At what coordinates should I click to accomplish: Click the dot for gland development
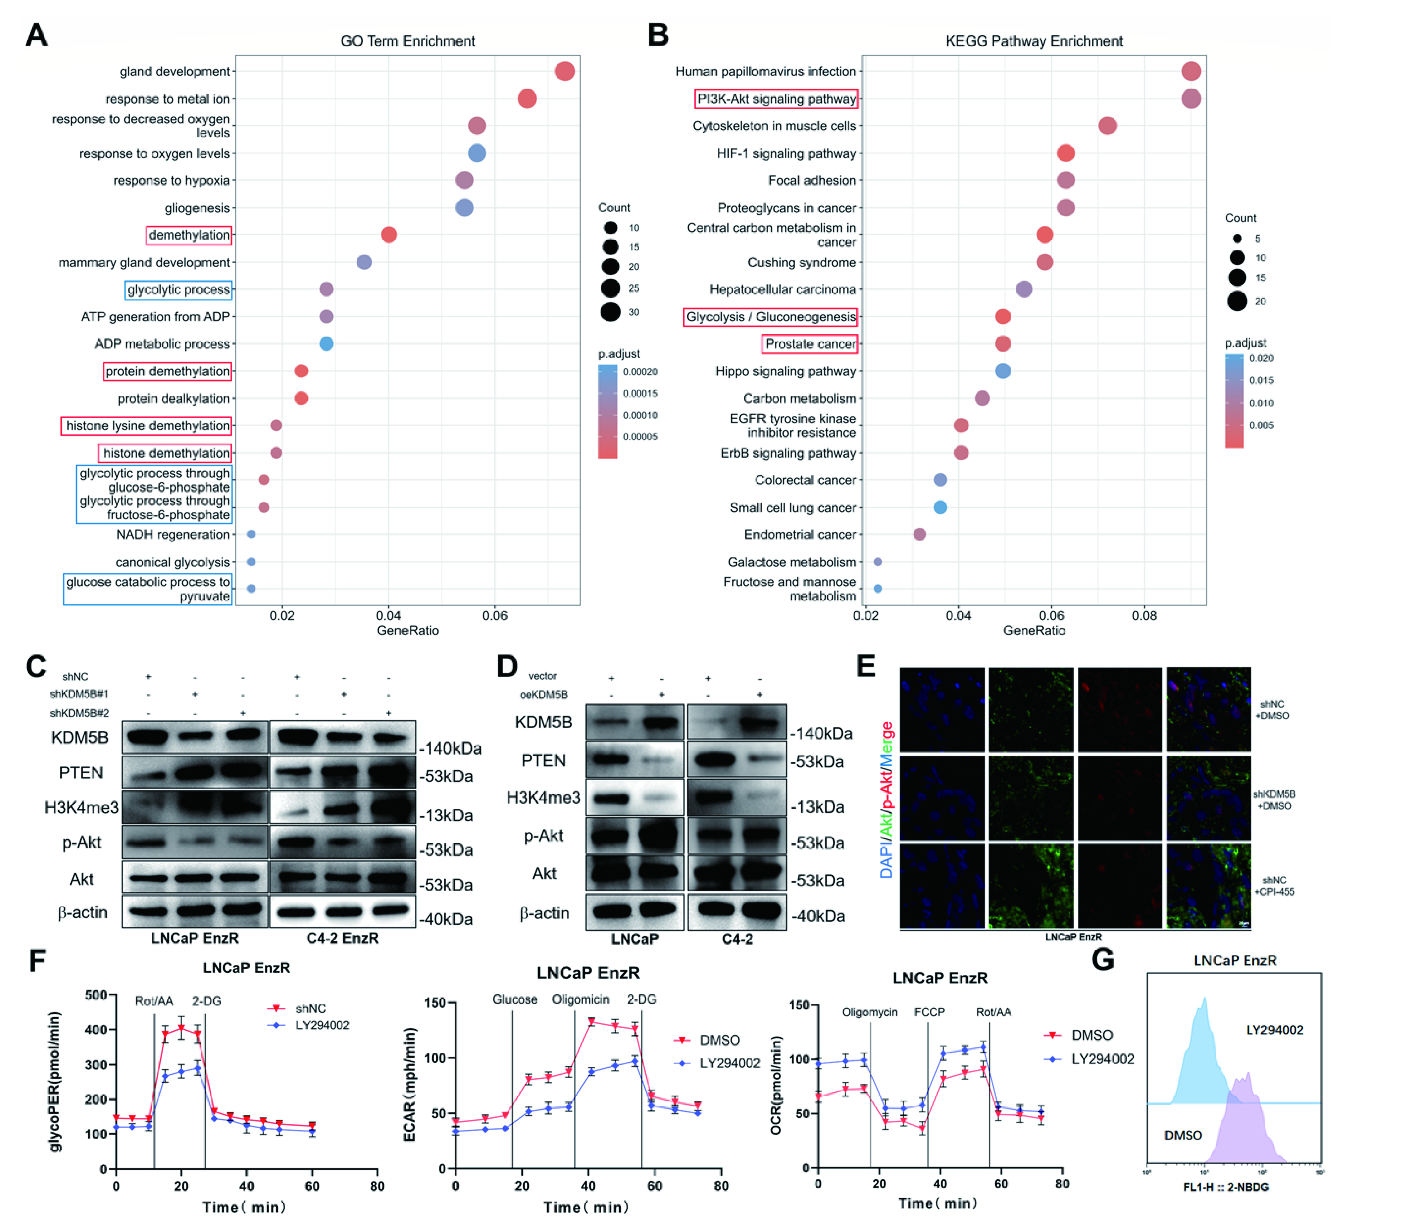[564, 72]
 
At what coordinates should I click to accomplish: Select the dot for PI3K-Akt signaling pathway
[1191, 99]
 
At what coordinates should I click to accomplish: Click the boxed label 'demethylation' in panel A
[189, 235]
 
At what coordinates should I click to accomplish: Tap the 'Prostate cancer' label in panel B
[810, 344]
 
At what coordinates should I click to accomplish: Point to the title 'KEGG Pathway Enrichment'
[1034, 41]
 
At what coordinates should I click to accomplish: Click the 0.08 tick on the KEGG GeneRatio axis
[1144, 616]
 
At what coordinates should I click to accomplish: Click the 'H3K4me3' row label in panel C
[81, 807]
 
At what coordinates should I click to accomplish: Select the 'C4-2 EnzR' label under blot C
[342, 938]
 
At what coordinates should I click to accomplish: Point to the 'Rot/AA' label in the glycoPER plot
[154, 1000]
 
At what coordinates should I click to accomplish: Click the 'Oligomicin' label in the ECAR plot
[580, 999]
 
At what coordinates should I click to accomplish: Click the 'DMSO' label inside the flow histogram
[1183, 1136]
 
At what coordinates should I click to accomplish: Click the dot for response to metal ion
[527, 99]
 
